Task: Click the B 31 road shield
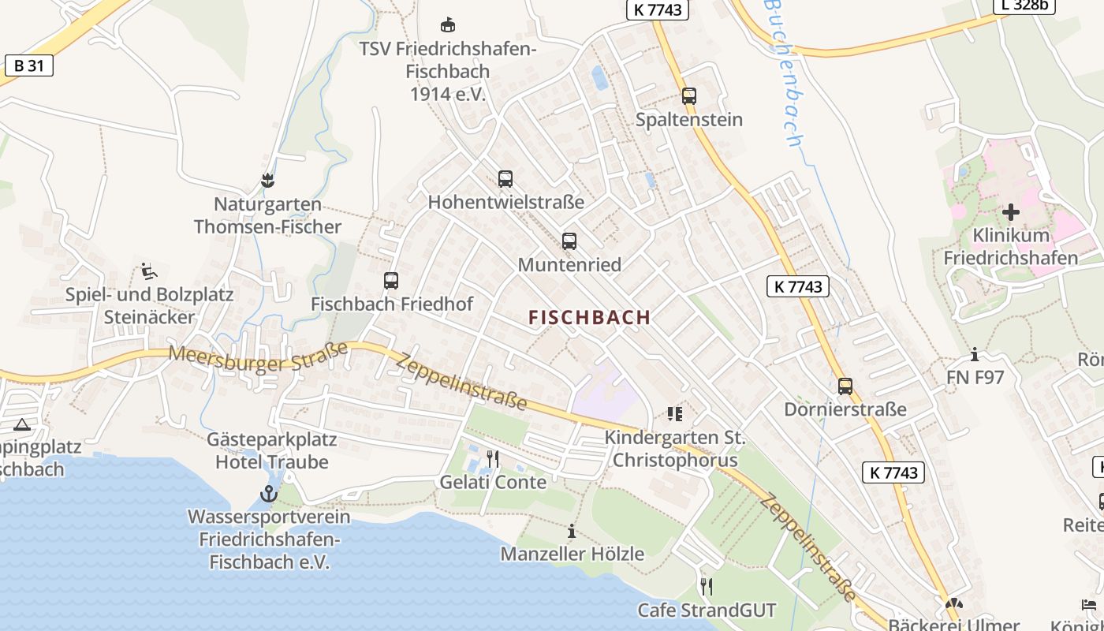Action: coord(29,65)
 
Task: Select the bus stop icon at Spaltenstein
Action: coord(689,96)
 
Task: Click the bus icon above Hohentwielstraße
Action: coord(505,179)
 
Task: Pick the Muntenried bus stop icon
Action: coord(569,241)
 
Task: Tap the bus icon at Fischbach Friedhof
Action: coord(391,280)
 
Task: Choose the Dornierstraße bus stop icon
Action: coord(845,386)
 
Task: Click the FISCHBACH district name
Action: coord(590,317)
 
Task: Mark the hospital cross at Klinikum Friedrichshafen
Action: coord(1011,211)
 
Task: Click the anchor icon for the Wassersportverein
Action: coord(270,495)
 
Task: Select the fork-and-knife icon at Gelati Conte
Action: coord(493,458)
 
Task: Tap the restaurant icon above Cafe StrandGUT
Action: coord(707,586)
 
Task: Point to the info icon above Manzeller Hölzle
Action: coord(573,531)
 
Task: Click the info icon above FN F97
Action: coord(975,354)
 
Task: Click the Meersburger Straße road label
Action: coord(259,358)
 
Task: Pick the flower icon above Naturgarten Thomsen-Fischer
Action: coord(267,181)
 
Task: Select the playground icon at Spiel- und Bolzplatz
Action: coord(149,271)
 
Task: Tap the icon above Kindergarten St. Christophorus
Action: coord(675,413)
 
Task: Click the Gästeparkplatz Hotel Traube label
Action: coord(272,450)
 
